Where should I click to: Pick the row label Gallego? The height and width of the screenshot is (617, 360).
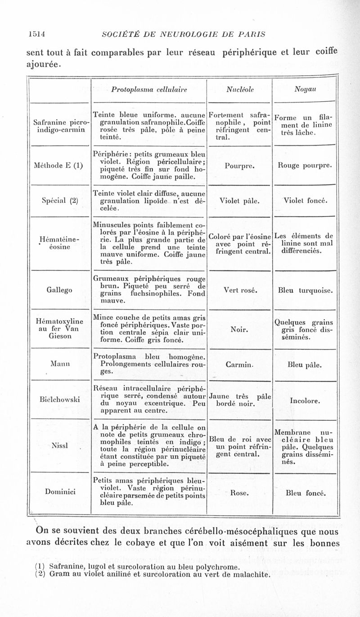click(x=60, y=290)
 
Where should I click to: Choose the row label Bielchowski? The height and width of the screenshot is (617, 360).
click(x=60, y=399)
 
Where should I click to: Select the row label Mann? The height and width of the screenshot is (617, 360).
click(x=60, y=363)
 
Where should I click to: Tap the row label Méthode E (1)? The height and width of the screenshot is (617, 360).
click(x=60, y=165)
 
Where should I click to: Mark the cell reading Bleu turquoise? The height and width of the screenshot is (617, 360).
click(x=306, y=291)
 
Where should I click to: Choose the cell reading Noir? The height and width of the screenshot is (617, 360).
click(x=239, y=329)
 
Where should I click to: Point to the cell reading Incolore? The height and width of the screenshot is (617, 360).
click(x=306, y=400)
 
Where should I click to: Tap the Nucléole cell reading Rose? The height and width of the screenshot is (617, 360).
click(x=239, y=493)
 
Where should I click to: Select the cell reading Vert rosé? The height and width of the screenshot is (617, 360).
click(x=239, y=291)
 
